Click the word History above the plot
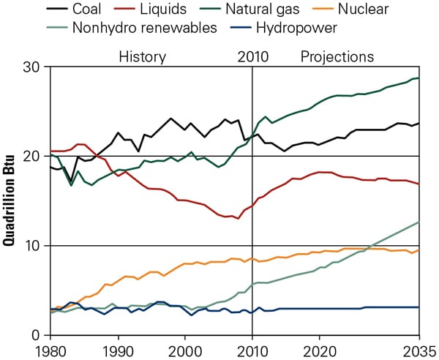(x=142, y=56)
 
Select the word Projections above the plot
(x=337, y=56)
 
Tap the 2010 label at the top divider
(x=252, y=56)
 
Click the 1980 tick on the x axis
(x=50, y=349)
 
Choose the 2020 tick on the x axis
(x=320, y=349)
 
